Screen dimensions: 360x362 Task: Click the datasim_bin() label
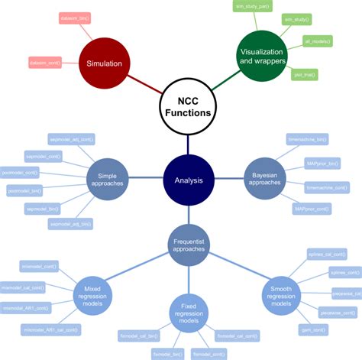coord(75,16)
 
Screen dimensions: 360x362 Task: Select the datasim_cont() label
coord(44,61)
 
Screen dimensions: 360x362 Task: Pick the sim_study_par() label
coord(252,6)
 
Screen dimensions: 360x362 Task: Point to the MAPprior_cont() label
coord(312,208)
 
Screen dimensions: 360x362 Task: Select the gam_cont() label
coord(315,329)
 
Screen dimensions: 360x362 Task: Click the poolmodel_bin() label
coord(25,190)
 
